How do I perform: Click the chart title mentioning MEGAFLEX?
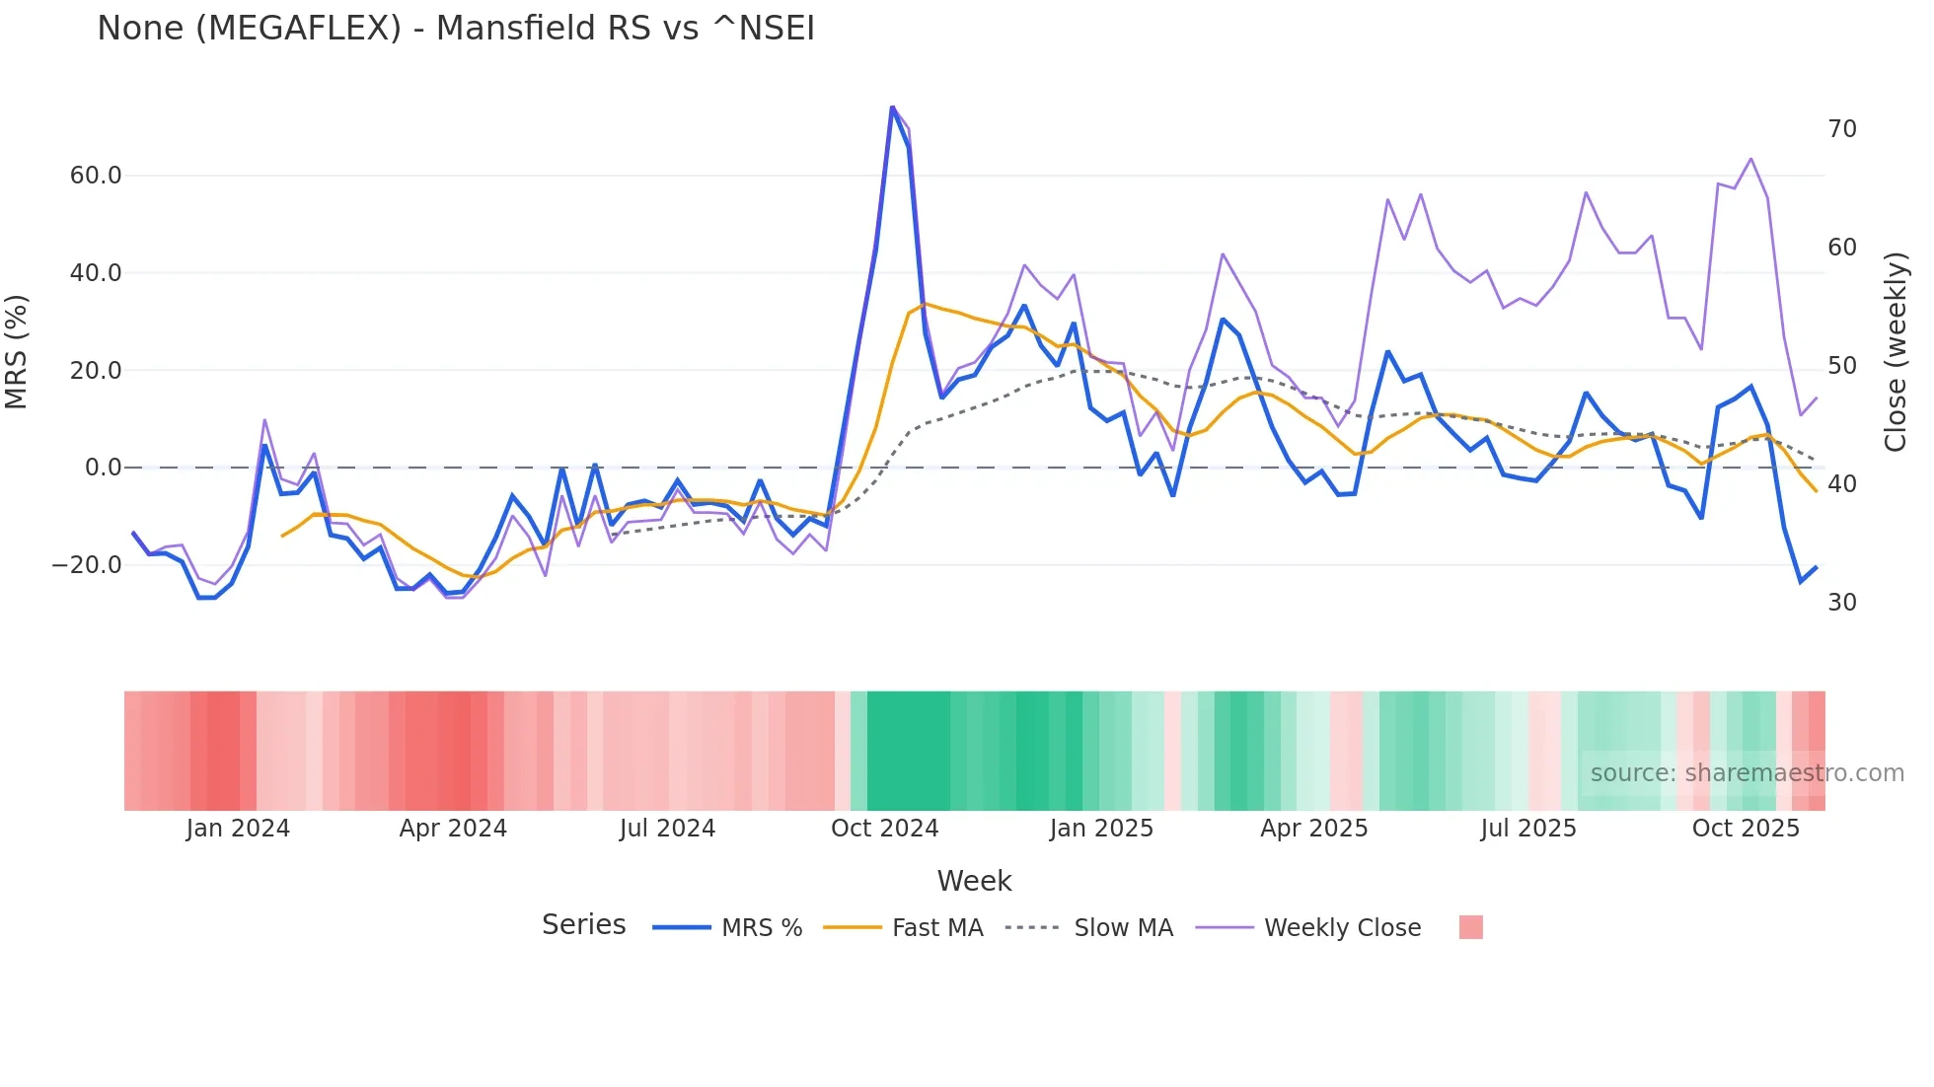[456, 29]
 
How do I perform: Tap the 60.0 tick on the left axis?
[96, 176]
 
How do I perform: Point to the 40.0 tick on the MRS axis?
[96, 273]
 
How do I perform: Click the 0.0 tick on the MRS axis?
[104, 468]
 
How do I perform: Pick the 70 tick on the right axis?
[1842, 129]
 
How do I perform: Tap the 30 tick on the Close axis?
[1842, 603]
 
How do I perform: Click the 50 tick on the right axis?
[1842, 366]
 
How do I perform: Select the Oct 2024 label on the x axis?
[884, 829]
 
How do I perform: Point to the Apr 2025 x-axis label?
[1313, 829]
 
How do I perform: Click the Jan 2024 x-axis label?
[238, 829]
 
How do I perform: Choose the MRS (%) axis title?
[17, 352]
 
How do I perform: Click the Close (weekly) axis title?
[1896, 352]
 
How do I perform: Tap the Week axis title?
[974, 881]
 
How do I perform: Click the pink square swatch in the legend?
[1470, 927]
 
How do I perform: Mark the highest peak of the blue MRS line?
[892, 108]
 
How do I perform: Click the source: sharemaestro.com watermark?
[1747, 773]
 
